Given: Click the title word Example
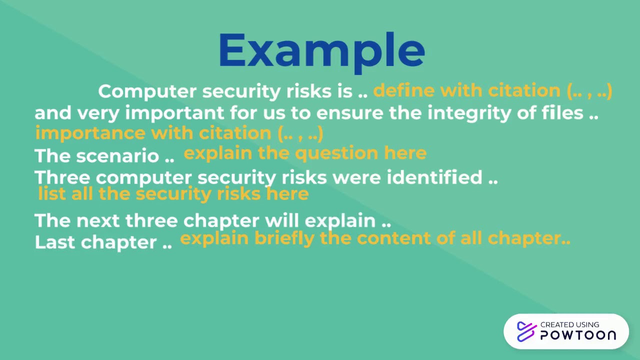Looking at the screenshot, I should (x=321, y=51).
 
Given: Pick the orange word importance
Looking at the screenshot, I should (x=90, y=133).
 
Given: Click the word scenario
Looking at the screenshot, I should (x=117, y=156).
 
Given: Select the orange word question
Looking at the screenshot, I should (x=336, y=153).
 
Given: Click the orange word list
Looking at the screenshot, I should (x=51, y=193).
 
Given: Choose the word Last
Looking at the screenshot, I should (x=55, y=242).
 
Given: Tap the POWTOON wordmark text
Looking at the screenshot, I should (x=577, y=335).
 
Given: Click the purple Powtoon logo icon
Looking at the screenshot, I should (x=526, y=331).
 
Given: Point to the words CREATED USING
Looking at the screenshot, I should (x=569, y=324).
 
